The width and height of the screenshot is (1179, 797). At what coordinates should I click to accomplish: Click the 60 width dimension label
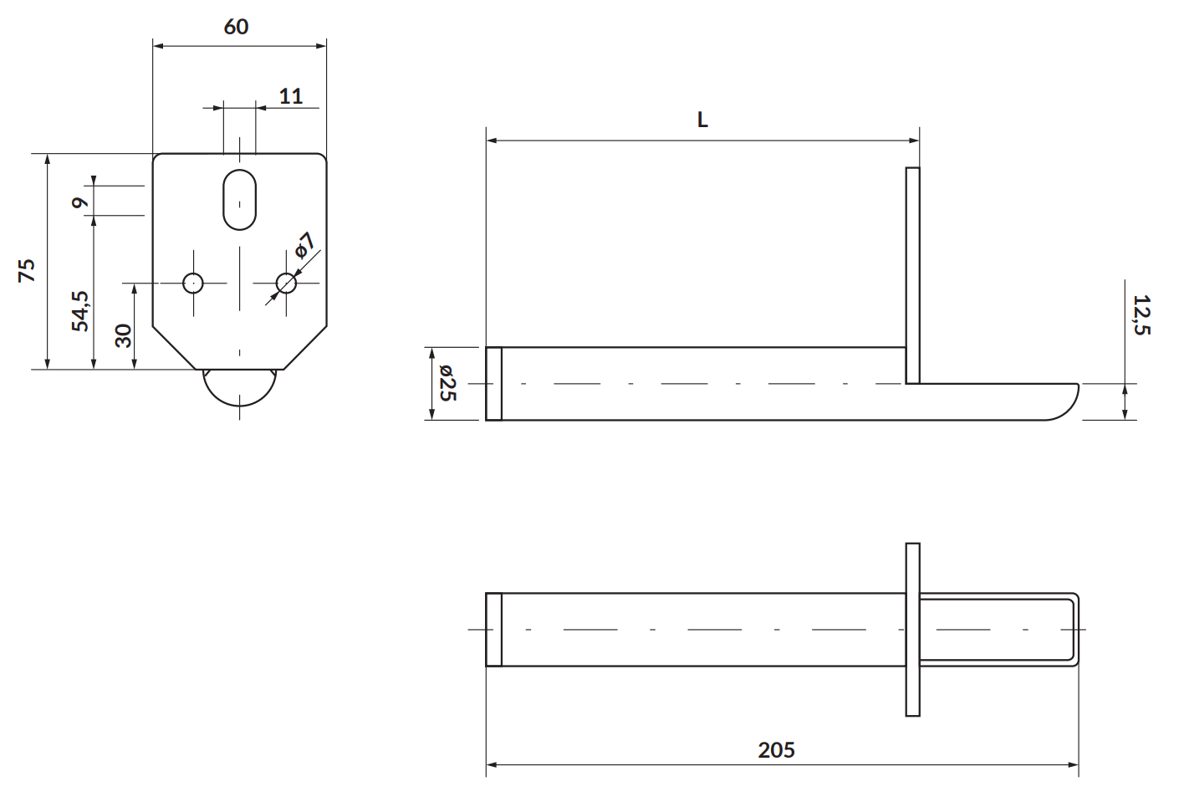coord(236,27)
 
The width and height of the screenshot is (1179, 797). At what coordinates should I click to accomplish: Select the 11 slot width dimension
coord(290,96)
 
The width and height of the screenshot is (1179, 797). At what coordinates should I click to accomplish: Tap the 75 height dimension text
coord(27,271)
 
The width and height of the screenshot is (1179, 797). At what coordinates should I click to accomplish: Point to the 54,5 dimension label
coord(80,311)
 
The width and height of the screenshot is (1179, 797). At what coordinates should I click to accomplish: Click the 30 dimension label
coord(123,336)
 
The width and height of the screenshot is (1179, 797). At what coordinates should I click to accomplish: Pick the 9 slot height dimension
coord(80,202)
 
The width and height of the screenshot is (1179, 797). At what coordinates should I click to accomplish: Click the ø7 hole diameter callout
coord(304,245)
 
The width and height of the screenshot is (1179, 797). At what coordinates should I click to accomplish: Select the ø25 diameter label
coord(447,383)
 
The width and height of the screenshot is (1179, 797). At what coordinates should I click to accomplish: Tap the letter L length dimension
coord(702,120)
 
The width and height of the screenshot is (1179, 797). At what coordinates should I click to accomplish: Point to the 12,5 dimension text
coord(1141,314)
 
